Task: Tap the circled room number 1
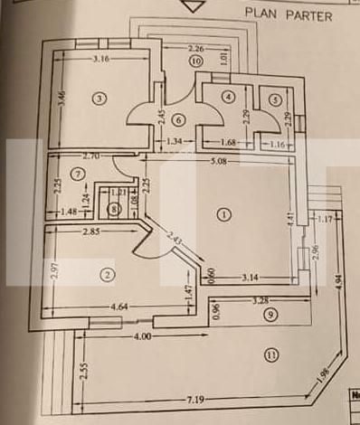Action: point(225,214)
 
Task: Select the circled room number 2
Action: point(109,274)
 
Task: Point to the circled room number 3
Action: point(100,99)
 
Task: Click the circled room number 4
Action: point(229,96)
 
